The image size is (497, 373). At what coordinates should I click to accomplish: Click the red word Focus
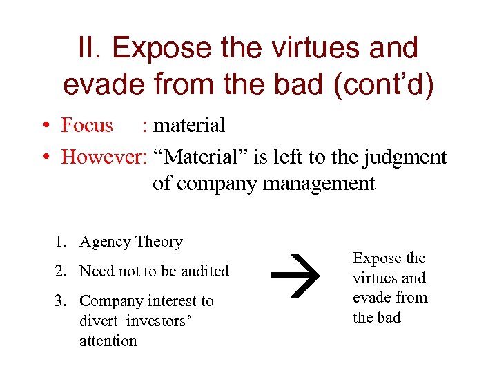[x=87, y=125]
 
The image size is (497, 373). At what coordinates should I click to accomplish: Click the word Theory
[x=159, y=242]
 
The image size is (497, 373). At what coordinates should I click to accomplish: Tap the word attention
[x=108, y=341]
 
